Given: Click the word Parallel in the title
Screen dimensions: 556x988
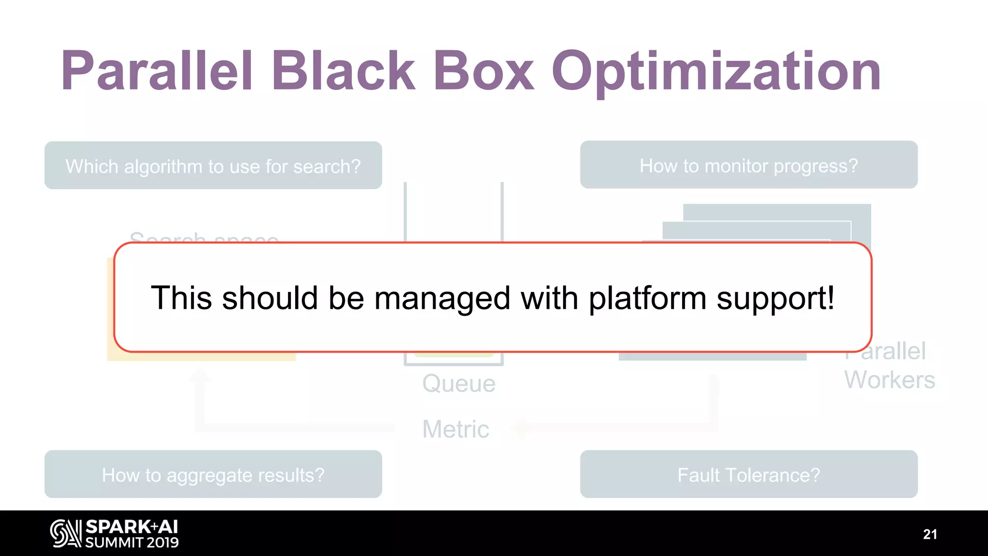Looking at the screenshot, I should (x=157, y=71).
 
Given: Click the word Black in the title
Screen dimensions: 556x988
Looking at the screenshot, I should (x=343, y=71).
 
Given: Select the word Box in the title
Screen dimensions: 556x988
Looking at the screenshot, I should (x=483, y=71).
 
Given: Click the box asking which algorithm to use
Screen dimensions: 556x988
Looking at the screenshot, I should (x=213, y=166).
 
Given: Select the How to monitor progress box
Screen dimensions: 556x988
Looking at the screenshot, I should (x=749, y=165).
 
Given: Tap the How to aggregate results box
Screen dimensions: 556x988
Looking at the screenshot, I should (x=213, y=474).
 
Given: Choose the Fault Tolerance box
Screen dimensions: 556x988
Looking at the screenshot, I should (x=749, y=474).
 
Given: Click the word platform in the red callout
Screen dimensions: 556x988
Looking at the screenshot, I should (x=647, y=298).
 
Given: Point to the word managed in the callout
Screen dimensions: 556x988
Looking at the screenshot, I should (x=442, y=298).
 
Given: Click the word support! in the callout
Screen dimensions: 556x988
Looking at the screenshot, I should (x=775, y=298).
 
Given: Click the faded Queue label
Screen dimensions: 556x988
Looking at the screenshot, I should (x=459, y=384).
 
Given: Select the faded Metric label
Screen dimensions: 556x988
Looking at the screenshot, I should (x=455, y=429).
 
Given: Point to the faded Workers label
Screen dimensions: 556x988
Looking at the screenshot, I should (x=889, y=380).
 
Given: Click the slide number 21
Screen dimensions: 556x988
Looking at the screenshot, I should (x=930, y=534).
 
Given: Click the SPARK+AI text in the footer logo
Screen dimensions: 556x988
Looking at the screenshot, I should (x=132, y=527).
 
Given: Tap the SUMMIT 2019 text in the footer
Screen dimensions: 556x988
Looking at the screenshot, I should (x=132, y=542).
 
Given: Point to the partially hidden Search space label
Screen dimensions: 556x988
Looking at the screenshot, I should (x=204, y=237).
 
